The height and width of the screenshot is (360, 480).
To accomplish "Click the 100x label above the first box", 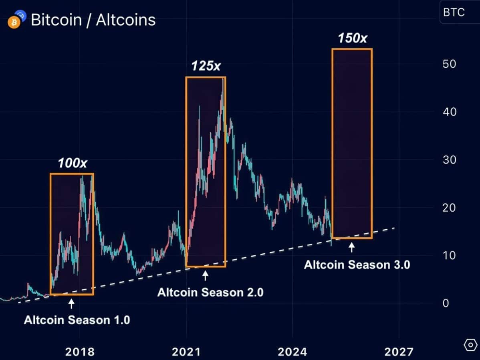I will [72, 163].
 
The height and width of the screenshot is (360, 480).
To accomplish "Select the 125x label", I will [206, 66].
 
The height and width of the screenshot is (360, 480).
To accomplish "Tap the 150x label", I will [352, 38].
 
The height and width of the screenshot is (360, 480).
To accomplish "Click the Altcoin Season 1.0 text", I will [77, 320].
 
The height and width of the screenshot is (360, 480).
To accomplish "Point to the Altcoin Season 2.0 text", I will [210, 292].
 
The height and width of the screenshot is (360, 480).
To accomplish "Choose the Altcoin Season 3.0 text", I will [357, 265].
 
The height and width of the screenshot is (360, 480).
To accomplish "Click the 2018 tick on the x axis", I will [80, 352].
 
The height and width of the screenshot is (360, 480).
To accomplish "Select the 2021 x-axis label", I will [186, 352].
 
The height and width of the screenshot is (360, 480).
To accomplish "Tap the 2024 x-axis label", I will [292, 352].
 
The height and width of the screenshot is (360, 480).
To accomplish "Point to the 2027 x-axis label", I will [399, 352].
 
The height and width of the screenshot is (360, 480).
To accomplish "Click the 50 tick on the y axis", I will [450, 64].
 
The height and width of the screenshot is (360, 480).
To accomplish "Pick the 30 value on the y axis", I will [450, 160].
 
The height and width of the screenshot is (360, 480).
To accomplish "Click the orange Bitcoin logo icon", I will [14, 23].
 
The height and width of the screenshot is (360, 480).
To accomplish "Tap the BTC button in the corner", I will [454, 12].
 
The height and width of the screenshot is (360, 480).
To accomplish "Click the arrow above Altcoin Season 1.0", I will [71, 304].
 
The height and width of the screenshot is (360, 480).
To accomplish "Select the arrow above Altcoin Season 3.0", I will [352, 248].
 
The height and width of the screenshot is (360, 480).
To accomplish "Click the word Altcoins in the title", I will [125, 20].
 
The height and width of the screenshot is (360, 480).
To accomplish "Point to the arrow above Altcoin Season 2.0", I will [206, 276].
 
